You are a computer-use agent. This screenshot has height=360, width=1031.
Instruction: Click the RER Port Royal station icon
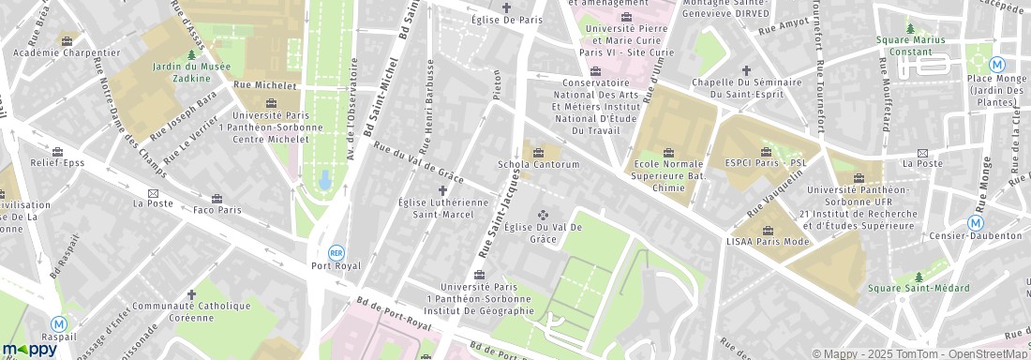pyautogui.click(x=336, y=252)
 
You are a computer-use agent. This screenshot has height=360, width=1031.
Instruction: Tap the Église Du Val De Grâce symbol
pyautogui.click(x=542, y=215)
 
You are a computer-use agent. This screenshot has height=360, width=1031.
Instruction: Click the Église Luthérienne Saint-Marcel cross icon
pyautogui.click(x=442, y=190)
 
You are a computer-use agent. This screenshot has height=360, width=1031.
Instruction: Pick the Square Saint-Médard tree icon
pyautogui.click(x=919, y=277)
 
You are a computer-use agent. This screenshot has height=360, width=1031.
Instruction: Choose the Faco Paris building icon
pyautogui.click(x=217, y=199)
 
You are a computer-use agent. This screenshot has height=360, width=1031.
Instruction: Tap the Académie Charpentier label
pyautogui.click(x=67, y=52)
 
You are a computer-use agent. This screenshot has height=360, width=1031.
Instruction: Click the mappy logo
pyautogui.click(x=30, y=349)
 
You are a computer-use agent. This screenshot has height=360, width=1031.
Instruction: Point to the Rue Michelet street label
pyautogui.click(x=264, y=85)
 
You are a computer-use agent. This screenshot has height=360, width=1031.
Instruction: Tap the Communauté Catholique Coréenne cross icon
pyautogui.click(x=191, y=293)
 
